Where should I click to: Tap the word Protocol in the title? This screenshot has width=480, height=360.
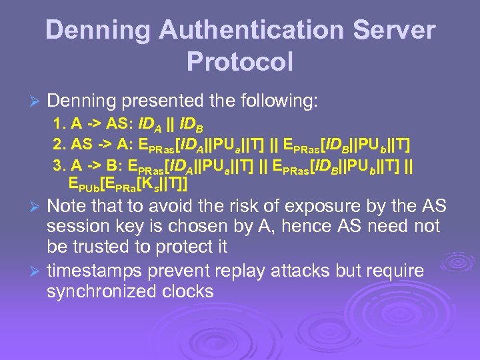(240, 61)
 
